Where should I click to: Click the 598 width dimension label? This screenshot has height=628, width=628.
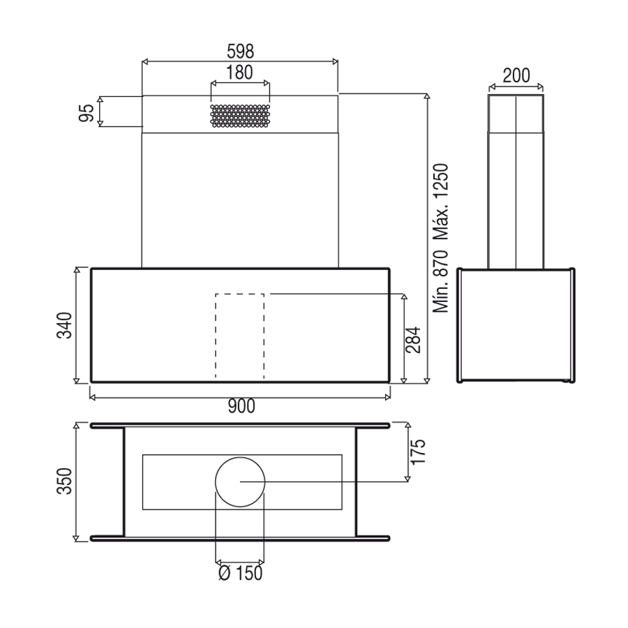tap(240, 51)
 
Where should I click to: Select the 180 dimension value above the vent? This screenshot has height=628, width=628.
tap(239, 73)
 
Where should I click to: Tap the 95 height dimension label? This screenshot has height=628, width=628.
tap(87, 112)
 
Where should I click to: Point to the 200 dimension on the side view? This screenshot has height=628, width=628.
tap(516, 75)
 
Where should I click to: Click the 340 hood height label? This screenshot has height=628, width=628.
tap(64, 325)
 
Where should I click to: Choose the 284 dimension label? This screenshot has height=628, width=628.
tap(413, 340)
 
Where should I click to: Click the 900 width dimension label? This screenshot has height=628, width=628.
tap(241, 406)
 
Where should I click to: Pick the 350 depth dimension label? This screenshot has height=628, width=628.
tap(64, 481)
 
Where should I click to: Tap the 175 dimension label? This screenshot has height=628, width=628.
tap(418, 451)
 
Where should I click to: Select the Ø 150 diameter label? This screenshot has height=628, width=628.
tap(241, 573)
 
